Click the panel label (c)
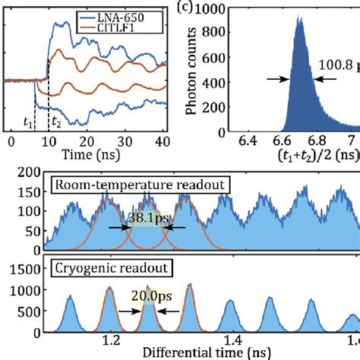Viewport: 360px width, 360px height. point(230,10)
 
